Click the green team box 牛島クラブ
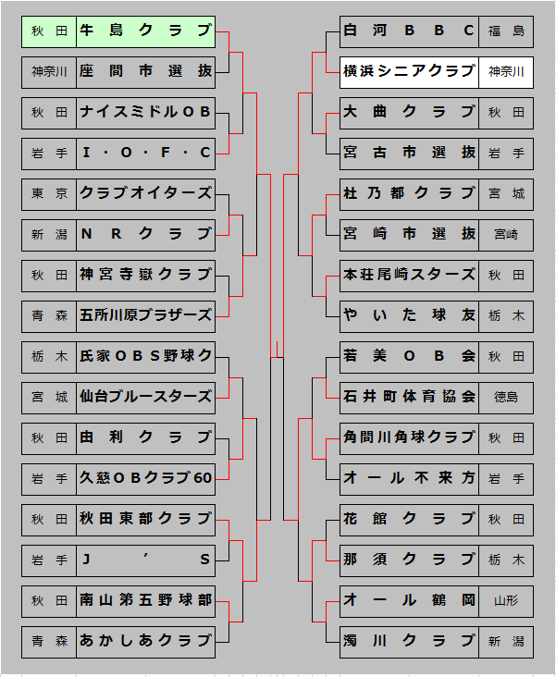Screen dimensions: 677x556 click(x=146, y=31)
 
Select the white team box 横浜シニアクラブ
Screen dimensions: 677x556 click(x=409, y=71)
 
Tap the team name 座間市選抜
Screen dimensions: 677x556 click(x=146, y=72)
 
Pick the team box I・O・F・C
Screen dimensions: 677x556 click(x=146, y=153)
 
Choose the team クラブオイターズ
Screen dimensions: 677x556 click(x=146, y=193)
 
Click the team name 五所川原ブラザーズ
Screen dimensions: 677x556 click(x=146, y=315)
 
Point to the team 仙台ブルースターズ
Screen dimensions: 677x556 click(x=146, y=397)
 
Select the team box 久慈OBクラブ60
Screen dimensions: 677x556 click(x=146, y=478)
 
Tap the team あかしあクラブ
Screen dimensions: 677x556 click(x=146, y=640)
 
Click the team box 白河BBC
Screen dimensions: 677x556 click(x=409, y=31)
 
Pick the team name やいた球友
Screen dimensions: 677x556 click(x=409, y=315)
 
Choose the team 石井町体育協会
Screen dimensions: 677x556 click(x=409, y=397)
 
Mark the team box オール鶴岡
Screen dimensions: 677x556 click(x=409, y=600)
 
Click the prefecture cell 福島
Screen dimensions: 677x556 click(x=506, y=31)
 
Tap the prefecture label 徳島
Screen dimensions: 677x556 click(x=506, y=397)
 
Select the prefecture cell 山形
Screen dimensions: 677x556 click(x=506, y=600)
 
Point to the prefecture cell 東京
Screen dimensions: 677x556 click(x=49, y=193)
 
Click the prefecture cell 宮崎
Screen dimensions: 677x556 click(x=506, y=234)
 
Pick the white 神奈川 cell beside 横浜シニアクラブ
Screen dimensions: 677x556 click(x=506, y=71)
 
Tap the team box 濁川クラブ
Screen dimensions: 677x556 click(x=409, y=640)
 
